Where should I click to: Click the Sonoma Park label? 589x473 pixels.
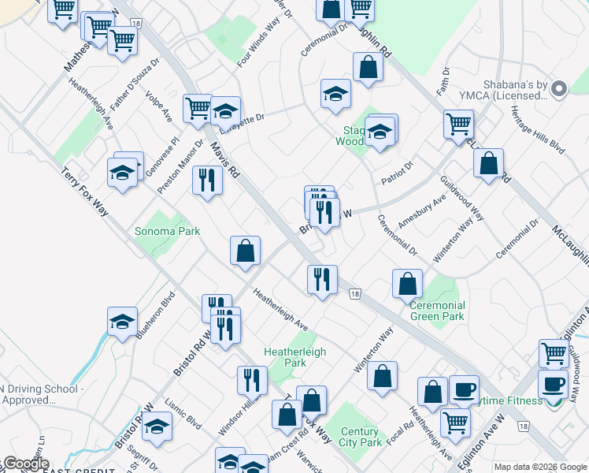[167, 231]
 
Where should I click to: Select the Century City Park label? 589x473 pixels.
[361, 437]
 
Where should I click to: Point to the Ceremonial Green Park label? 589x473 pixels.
[438, 311]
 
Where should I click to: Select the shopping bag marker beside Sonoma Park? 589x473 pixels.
[246, 251]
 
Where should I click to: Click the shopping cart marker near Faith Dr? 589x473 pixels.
[457, 125]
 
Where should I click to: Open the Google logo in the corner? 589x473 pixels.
[25, 464]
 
